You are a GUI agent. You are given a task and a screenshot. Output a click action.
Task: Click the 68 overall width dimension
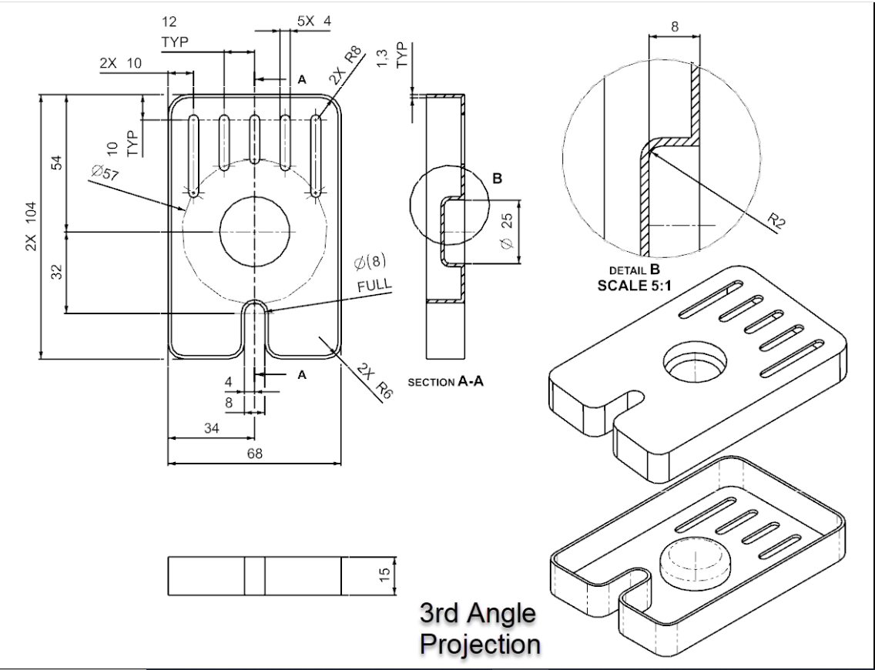(253, 454)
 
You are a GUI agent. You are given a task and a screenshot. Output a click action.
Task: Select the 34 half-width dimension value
(210, 428)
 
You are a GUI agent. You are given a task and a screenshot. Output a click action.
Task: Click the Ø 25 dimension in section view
(506, 232)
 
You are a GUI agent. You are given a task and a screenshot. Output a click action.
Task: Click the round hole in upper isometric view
(695, 360)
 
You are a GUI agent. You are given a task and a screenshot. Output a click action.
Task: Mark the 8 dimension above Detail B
(675, 25)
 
